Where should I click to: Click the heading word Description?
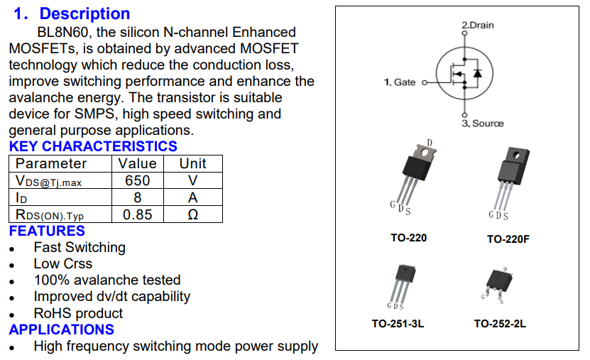click(84, 13)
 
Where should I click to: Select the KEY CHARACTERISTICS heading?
click(93, 146)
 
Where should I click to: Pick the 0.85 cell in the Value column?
click(137, 214)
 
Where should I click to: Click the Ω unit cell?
click(192, 214)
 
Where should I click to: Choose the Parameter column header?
click(51, 163)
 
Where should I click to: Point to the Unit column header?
click(192, 163)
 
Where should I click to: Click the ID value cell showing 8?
click(137, 197)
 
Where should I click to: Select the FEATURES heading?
click(47, 231)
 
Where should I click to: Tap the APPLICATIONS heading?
click(61, 329)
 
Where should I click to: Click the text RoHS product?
click(78, 313)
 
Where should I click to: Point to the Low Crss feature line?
click(62, 263)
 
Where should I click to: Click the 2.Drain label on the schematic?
click(477, 25)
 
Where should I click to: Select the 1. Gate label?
click(400, 82)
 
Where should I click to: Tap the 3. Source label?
click(482, 124)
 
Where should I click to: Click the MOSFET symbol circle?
click(464, 73)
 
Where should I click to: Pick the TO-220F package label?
click(508, 239)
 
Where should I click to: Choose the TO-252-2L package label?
click(500, 324)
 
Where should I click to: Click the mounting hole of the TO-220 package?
click(428, 151)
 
